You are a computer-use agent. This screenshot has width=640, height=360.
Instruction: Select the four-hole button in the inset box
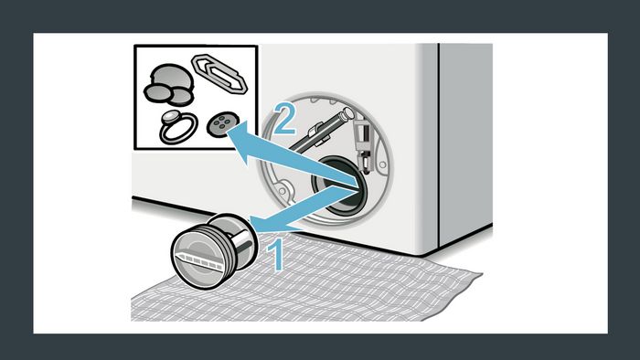(x=219, y=124)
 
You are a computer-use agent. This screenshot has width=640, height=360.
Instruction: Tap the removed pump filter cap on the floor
(x=215, y=251)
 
